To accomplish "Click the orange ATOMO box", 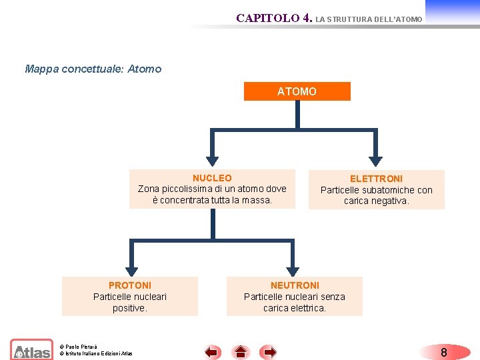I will tap(297, 91).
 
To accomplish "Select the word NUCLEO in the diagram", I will tap(212, 178).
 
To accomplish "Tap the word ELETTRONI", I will tap(376, 179).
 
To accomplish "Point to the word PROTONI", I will tap(130, 285).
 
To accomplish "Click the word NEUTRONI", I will tap(295, 285).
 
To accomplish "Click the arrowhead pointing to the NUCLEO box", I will tap(212, 160).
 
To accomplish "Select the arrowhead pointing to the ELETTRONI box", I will tap(377, 160).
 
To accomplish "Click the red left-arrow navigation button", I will tap(212, 351).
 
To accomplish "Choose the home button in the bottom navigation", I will tap(241, 351).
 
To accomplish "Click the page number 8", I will tap(443, 352).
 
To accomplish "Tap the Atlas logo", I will tap(31, 350).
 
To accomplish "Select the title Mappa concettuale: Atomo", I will tap(93, 69).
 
